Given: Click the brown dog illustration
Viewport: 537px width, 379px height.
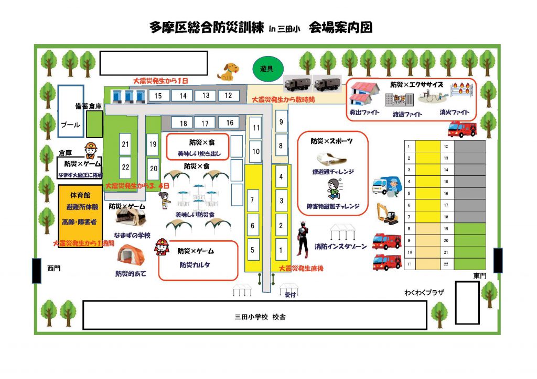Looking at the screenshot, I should point(229,72).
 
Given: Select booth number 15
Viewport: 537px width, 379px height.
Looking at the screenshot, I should point(158,96).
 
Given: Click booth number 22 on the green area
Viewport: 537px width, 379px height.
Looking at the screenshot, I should point(125,167).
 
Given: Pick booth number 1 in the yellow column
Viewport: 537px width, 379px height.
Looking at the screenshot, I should point(281,250).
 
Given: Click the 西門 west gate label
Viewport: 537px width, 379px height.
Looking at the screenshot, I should point(53,269).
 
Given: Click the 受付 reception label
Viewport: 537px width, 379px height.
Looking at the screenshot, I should point(290,294).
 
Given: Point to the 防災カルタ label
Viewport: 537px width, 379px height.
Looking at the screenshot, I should point(195,264).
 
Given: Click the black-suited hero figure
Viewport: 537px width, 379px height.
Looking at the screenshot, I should point(302,239).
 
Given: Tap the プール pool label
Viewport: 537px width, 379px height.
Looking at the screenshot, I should point(70,125).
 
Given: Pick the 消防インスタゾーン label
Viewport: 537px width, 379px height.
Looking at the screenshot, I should point(340,246).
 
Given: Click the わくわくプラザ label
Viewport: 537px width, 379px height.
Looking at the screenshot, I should point(424,293).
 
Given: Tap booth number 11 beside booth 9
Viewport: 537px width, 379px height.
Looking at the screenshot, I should point(256,127).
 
